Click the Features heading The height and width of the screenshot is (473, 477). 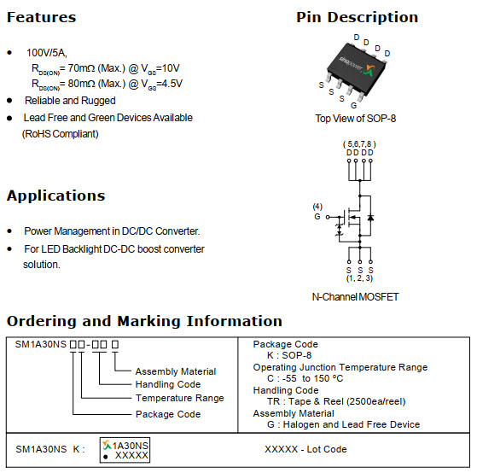[41, 17]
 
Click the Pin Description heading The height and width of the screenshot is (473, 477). [358, 17]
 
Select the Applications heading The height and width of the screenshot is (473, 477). [56, 196]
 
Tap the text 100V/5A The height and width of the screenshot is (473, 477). [47, 53]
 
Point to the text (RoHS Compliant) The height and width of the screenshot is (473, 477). [61, 134]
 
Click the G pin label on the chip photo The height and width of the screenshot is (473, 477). [353, 105]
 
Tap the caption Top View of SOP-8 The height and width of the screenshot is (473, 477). [356, 119]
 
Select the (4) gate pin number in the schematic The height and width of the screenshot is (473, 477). [317, 207]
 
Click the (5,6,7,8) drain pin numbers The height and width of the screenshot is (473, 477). [359, 144]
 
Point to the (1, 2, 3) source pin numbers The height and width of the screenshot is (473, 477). [359, 277]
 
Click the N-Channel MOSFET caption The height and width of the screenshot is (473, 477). [355, 297]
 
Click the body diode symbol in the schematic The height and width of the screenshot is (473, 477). [370, 218]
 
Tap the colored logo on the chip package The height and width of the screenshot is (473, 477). [370, 71]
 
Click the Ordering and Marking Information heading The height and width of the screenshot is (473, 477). [144, 321]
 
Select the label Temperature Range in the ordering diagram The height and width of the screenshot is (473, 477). [179, 398]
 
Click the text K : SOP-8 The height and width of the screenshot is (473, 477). [289, 355]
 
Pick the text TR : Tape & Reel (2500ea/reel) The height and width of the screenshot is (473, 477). [336, 402]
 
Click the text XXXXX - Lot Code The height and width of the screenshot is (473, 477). [305, 449]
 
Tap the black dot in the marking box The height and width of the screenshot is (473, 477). [106, 457]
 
